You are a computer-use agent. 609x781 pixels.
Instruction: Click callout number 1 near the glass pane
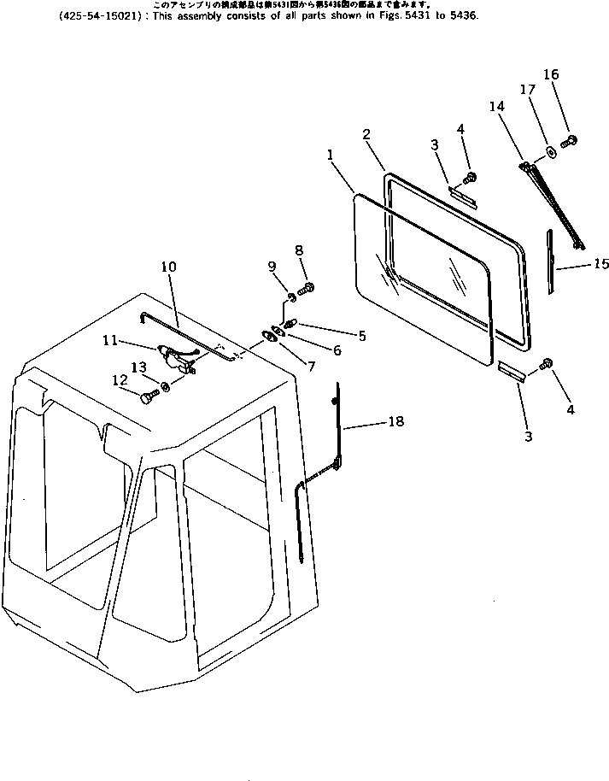(331, 156)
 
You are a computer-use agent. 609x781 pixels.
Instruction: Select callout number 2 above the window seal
(366, 134)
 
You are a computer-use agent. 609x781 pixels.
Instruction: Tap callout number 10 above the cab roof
(167, 267)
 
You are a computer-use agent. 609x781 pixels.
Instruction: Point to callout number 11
(110, 340)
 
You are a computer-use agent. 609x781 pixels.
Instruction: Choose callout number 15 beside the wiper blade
(601, 264)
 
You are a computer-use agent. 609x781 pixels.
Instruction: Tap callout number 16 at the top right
(551, 75)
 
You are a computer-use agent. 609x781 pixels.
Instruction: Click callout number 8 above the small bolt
(299, 250)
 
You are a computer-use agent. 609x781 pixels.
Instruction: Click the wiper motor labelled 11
(175, 356)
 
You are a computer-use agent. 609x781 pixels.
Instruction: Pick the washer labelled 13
(166, 387)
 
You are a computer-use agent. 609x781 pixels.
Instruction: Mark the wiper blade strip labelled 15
(551, 260)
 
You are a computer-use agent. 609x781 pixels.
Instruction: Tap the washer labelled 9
(291, 297)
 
